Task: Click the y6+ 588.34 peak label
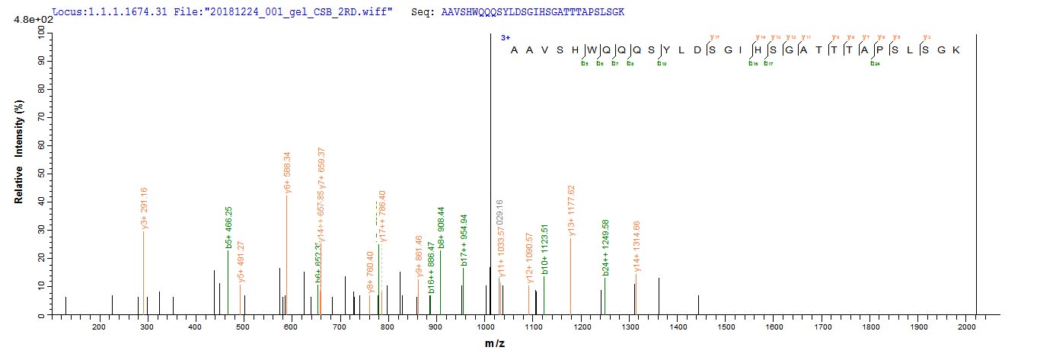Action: pyautogui.click(x=287, y=174)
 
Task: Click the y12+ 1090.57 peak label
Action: pyautogui.click(x=529, y=263)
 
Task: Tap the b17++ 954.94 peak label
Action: pyautogui.click(x=464, y=242)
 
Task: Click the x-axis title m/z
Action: pyautogui.click(x=495, y=344)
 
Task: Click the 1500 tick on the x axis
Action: pyautogui.click(x=726, y=327)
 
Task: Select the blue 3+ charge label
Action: pyautogui.click(x=505, y=37)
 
